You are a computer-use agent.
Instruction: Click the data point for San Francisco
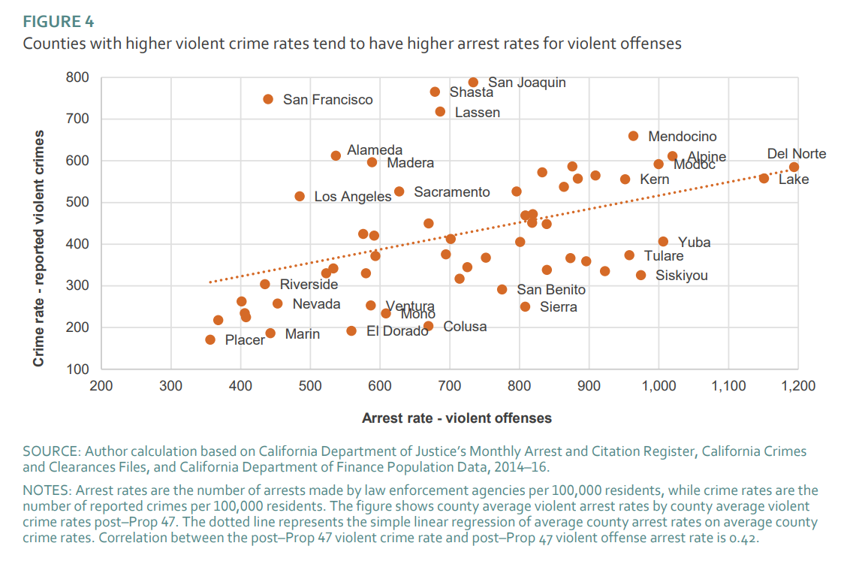pyautogui.click(x=268, y=99)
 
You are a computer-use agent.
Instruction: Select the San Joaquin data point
pyautogui.click(x=473, y=83)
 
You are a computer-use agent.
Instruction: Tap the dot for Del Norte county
pyautogui.click(x=794, y=167)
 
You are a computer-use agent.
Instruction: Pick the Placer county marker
pyautogui.click(x=210, y=340)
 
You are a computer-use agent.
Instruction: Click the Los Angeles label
pyautogui.click(x=352, y=197)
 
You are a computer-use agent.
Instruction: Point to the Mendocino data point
pyautogui.click(x=633, y=136)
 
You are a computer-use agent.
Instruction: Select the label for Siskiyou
pyautogui.click(x=681, y=276)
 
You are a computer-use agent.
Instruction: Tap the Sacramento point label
pyautogui.click(x=451, y=192)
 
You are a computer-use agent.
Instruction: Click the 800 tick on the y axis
pyautogui.click(x=78, y=77)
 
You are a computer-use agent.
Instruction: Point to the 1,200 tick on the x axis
pyautogui.click(x=797, y=386)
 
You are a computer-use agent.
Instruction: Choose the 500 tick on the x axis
pyautogui.click(x=310, y=386)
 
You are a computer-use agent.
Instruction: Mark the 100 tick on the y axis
pyautogui.click(x=78, y=369)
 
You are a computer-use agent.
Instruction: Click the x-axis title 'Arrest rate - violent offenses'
pyautogui.click(x=457, y=418)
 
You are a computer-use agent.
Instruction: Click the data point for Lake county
pyautogui.click(x=764, y=178)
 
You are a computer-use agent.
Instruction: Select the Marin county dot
pyautogui.click(x=270, y=333)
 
